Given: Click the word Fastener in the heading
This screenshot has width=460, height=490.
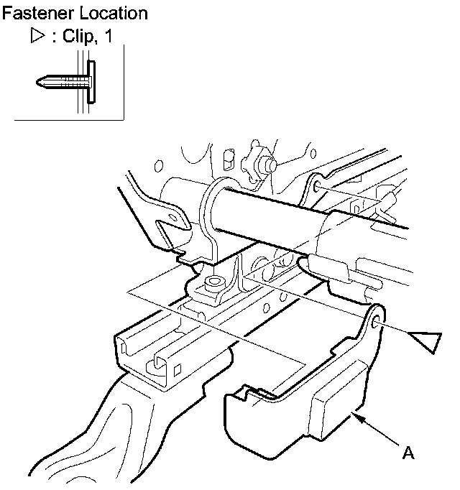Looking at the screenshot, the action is click(x=32, y=13).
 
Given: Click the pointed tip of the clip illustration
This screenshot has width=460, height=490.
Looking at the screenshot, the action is click(x=38, y=83).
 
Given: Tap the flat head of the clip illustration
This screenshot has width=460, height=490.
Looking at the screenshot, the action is click(x=91, y=81).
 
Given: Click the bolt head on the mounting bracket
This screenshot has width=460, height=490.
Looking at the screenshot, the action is click(x=212, y=281).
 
